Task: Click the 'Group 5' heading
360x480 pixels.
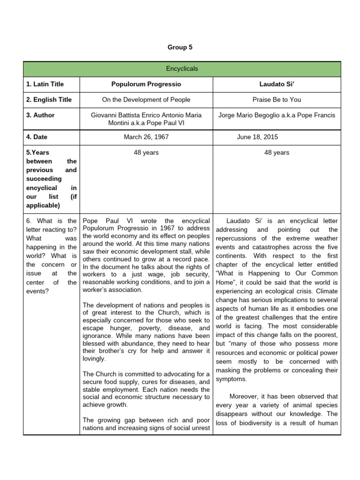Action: coord(180,47)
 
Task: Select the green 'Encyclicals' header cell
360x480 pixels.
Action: coord(182,69)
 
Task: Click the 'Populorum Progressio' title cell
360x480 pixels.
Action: coord(146,84)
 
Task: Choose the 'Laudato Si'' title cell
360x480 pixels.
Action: coord(277,84)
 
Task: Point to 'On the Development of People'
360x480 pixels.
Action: coord(146,100)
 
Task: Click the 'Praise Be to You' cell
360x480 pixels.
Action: coord(277,100)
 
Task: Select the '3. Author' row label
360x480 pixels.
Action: coord(40,115)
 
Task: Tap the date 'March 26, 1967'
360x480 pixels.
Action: coord(146,137)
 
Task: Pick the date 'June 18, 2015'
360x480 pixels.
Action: coord(257,137)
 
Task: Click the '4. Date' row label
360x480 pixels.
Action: coord(37,137)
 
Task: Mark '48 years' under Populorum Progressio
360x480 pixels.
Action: coord(146,152)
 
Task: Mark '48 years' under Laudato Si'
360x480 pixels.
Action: coord(277,152)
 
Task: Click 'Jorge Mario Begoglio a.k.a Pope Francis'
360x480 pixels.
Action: coord(277,115)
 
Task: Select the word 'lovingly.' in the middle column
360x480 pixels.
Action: coord(94,359)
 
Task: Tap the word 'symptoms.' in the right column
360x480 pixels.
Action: coord(231,379)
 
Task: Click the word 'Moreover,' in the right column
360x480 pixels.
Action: coord(244,397)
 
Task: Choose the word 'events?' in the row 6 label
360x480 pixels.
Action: coord(41,291)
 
